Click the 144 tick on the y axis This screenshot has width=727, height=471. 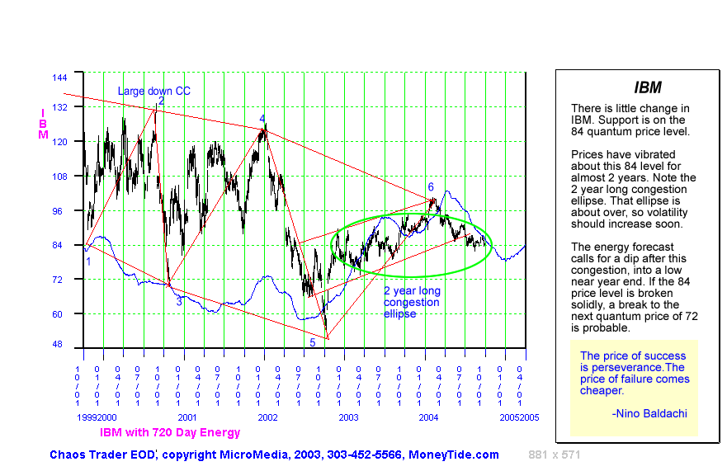point(59,78)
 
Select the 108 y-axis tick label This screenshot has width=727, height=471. point(59,177)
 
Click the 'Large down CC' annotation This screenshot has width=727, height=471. point(153,92)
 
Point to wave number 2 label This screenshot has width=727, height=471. point(162,101)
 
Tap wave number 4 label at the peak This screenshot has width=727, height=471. point(262,119)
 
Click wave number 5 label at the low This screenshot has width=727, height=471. point(313,342)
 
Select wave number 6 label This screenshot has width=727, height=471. point(431,187)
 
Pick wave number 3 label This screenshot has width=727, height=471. point(179,302)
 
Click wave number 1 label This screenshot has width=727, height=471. point(88,261)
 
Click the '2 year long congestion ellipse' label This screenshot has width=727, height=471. point(412,302)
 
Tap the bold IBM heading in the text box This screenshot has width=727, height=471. point(647,87)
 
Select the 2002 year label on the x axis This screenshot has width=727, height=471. point(267,418)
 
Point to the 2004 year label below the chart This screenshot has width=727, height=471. point(427,418)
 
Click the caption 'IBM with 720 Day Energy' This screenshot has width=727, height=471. point(170,432)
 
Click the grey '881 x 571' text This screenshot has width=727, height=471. point(555,455)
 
